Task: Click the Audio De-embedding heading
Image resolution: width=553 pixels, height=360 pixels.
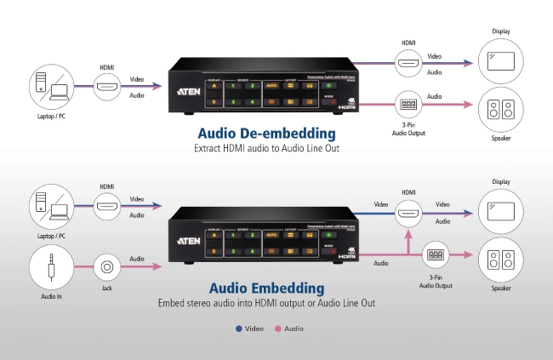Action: [x=266, y=133]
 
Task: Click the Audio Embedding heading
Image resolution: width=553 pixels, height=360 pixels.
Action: [x=266, y=288]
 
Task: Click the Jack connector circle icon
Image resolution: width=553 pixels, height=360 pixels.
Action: [x=107, y=267]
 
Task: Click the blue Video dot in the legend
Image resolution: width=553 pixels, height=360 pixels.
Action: [x=239, y=328]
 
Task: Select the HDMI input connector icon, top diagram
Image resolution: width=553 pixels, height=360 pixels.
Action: [x=107, y=86]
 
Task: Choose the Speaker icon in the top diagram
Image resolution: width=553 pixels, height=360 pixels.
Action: [x=500, y=109]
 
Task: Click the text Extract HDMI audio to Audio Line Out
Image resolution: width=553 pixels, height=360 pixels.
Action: [x=266, y=148]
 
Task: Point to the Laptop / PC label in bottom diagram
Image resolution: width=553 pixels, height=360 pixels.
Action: [x=50, y=236]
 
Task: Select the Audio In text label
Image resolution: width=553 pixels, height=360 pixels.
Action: [x=50, y=297]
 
